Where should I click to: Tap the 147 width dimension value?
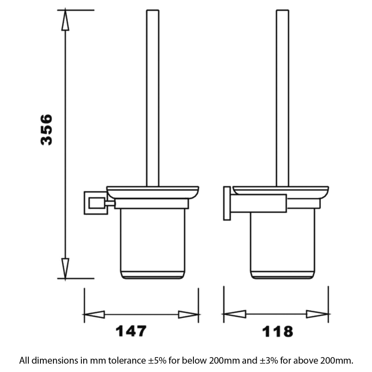pos(131,331)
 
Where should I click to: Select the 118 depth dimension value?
pos(278,331)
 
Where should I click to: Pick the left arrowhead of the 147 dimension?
pos(94,314)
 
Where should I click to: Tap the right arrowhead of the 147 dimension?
pos(188,314)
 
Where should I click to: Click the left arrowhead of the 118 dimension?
pos(234,314)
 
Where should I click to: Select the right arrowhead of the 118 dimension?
pos(318,314)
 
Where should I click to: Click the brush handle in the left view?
pos(153,98)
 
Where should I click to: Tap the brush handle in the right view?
pos(282,98)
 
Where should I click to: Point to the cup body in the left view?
pos(153,242)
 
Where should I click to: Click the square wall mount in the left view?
pos(95,203)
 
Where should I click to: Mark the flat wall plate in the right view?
pos(227,203)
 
